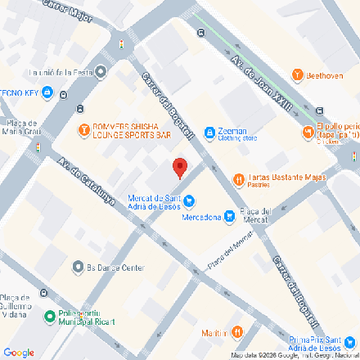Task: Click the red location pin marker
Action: pos(180,169)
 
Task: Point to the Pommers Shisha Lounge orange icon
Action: pos(83,128)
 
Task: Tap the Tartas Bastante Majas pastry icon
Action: pos(238,178)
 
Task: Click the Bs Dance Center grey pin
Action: pos(79,268)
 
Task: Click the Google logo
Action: pos(19,353)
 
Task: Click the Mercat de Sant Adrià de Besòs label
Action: pos(154,201)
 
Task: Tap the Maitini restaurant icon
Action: pos(236,331)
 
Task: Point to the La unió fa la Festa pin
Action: pos(101,72)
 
